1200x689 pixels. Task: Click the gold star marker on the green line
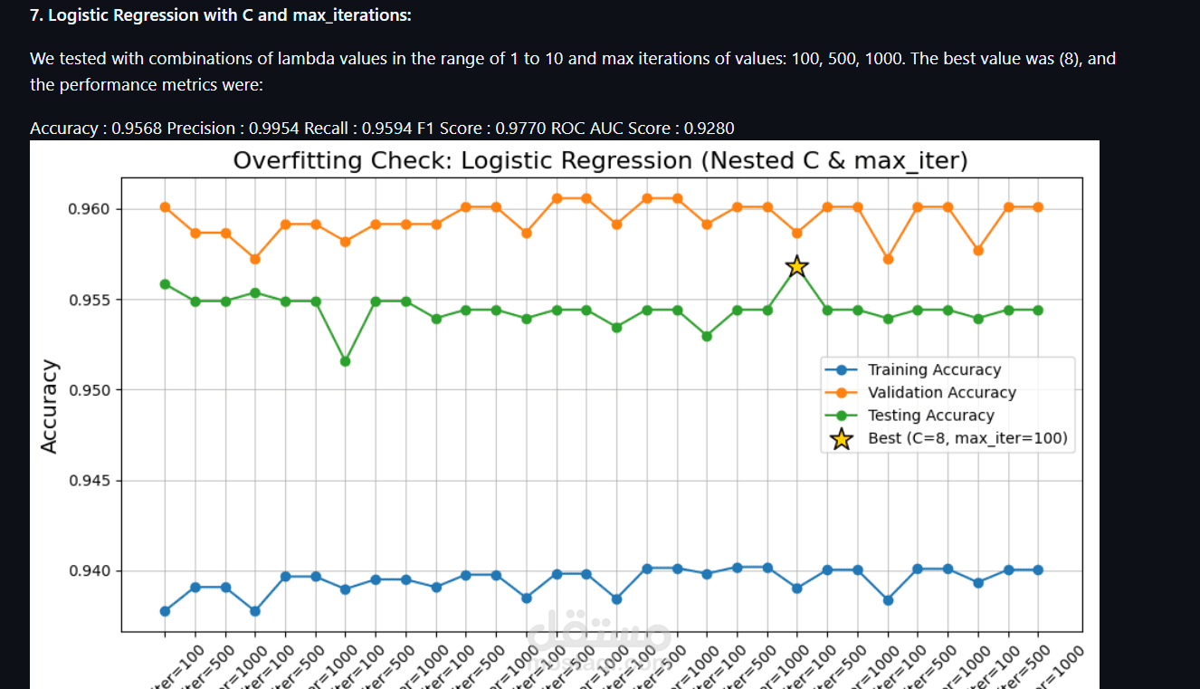pyautogui.click(x=796, y=266)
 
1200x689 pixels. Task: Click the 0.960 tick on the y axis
pyautogui.click(x=89, y=209)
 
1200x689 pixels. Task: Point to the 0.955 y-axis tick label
pyautogui.click(x=89, y=300)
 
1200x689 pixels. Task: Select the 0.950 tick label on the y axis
pyautogui.click(x=89, y=390)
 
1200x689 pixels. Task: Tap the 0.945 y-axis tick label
pyautogui.click(x=89, y=481)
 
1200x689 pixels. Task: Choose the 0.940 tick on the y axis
pyautogui.click(x=89, y=571)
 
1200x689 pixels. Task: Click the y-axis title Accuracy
pyautogui.click(x=50, y=407)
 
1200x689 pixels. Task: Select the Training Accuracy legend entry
pyautogui.click(x=933, y=369)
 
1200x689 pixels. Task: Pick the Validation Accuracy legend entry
pyautogui.click(x=941, y=392)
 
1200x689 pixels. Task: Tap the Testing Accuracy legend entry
pyautogui.click(x=930, y=416)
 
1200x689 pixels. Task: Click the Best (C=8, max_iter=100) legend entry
pyautogui.click(x=967, y=439)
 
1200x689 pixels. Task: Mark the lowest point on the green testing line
pyautogui.click(x=345, y=361)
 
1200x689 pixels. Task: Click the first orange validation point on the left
pyautogui.click(x=165, y=207)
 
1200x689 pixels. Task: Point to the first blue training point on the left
pyautogui.click(x=165, y=611)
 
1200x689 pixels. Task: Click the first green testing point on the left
pyautogui.click(x=165, y=284)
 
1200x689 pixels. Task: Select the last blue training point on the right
pyautogui.click(x=1037, y=569)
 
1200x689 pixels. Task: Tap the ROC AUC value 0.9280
pyautogui.click(x=709, y=129)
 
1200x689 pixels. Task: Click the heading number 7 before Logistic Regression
pyautogui.click(x=35, y=15)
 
